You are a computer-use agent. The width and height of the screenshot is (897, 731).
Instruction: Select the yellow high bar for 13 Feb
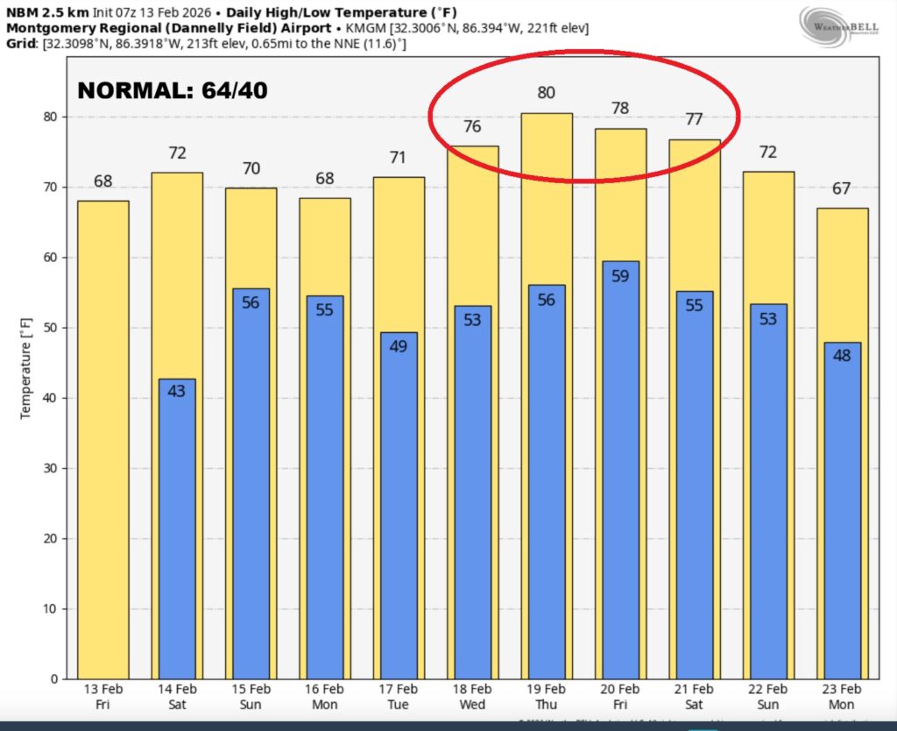(x=102, y=438)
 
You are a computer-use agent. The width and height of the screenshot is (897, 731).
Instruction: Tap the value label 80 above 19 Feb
(x=546, y=92)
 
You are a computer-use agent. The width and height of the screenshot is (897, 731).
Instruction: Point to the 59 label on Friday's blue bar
(x=620, y=275)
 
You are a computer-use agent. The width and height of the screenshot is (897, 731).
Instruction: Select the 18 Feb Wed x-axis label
(x=472, y=699)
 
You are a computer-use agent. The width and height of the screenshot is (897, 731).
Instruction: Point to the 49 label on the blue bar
(x=399, y=347)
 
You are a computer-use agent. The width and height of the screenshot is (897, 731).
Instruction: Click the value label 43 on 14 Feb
(x=176, y=392)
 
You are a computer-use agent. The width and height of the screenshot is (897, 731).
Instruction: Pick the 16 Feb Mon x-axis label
(x=324, y=699)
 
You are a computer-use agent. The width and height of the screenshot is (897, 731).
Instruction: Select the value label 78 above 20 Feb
(x=620, y=108)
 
